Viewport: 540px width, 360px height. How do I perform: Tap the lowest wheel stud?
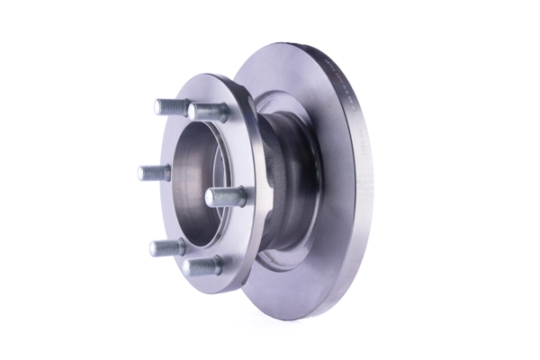pyautogui.click(x=202, y=265)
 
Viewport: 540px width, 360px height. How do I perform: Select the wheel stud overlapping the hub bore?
pyautogui.click(x=225, y=196)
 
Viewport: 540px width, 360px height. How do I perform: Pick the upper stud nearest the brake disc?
pyautogui.click(x=209, y=112)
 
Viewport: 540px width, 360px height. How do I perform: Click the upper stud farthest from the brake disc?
pyautogui.click(x=171, y=106)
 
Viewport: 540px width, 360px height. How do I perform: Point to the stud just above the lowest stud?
pyautogui.click(x=166, y=247)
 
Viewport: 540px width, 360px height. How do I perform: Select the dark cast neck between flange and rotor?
pyautogui.click(x=288, y=180)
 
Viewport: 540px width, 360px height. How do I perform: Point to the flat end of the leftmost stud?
pyautogui.click(x=141, y=173)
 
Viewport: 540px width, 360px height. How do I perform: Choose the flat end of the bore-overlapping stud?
pyautogui.click(x=210, y=197)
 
